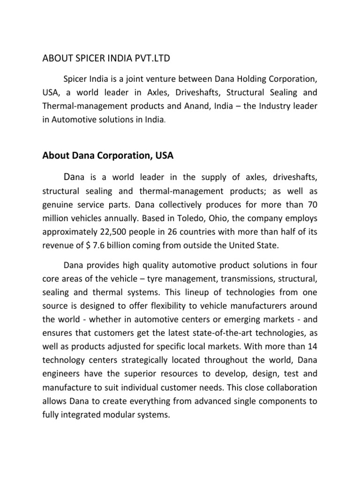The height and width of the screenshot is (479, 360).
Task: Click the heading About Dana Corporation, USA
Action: click(x=108, y=157)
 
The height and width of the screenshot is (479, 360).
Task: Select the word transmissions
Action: click(x=242, y=279)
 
